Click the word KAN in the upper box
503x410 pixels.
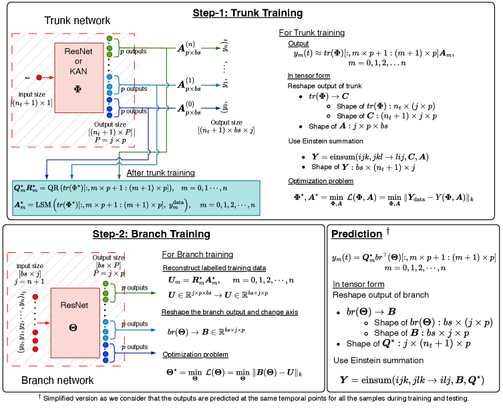(x=78, y=71)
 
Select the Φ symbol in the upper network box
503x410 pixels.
(x=78, y=89)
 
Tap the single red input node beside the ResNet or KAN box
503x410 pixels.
(x=39, y=78)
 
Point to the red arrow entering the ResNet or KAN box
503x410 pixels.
(x=48, y=78)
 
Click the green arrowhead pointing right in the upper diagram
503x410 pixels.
(x=218, y=48)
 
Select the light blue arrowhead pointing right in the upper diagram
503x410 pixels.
(x=218, y=85)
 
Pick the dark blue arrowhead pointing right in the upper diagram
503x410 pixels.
(x=218, y=108)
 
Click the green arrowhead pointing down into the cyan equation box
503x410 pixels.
(x=119, y=177)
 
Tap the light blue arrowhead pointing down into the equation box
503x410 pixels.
(x=73, y=177)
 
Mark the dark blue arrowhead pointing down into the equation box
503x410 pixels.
(x=46, y=177)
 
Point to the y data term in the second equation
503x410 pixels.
(x=177, y=205)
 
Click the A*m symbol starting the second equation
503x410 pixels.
(x=20, y=205)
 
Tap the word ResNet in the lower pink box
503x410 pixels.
(x=73, y=305)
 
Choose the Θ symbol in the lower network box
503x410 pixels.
(x=73, y=327)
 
